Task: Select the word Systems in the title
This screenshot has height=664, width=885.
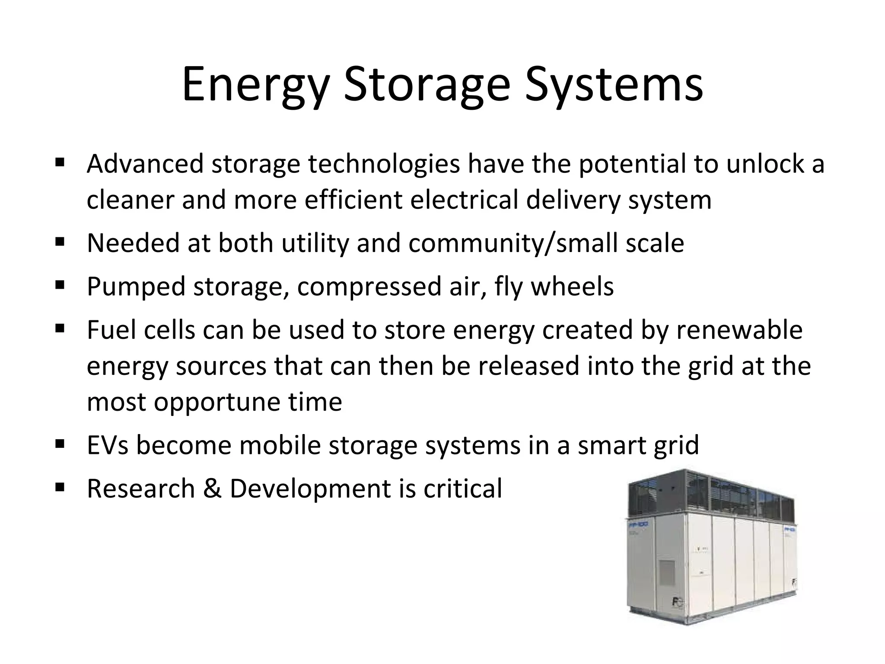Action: click(x=614, y=84)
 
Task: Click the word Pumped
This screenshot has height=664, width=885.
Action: click(x=136, y=286)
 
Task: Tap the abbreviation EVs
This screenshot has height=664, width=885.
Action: click(x=108, y=445)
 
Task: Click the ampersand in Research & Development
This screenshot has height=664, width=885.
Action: click(x=212, y=488)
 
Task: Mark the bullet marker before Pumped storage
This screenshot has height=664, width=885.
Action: click(x=60, y=284)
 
